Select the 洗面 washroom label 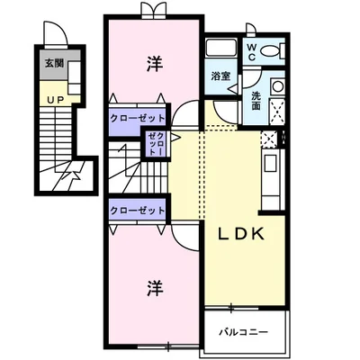pyautogui.click(x=256, y=101)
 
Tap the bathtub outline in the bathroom pyautogui.click(x=220, y=50)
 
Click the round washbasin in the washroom pyautogui.click(x=277, y=87)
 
